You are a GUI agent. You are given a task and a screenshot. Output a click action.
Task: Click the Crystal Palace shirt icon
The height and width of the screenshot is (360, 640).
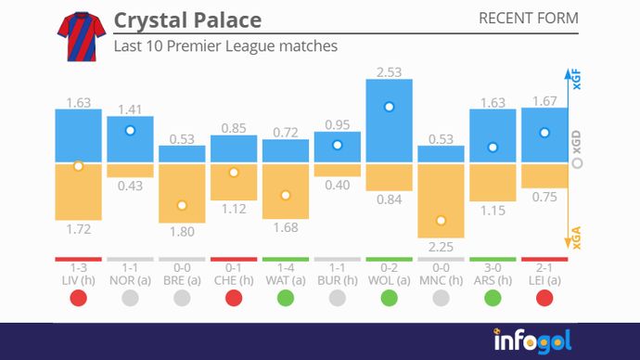[x=79, y=36]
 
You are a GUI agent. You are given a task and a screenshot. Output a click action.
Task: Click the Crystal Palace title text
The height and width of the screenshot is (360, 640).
[x=186, y=20]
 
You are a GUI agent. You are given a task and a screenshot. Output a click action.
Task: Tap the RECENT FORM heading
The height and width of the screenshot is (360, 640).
[x=528, y=19]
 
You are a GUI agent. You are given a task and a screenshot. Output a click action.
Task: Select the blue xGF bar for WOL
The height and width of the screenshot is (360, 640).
[x=389, y=121]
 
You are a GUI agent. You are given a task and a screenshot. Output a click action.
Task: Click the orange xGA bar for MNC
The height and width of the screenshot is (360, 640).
[x=441, y=200]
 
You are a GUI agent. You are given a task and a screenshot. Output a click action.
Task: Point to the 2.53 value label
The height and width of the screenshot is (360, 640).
[x=389, y=71]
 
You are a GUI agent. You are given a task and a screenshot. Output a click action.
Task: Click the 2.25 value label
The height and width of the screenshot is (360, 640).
[x=441, y=247]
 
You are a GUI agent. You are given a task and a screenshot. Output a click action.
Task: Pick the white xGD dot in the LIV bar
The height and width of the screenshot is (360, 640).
[x=78, y=166]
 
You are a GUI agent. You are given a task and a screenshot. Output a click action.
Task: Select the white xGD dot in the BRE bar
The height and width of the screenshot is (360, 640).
[x=182, y=205]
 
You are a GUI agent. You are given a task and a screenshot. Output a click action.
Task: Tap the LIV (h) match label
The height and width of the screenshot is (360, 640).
[x=78, y=279]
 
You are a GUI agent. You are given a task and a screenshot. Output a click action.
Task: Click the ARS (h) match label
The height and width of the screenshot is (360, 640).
[x=493, y=279]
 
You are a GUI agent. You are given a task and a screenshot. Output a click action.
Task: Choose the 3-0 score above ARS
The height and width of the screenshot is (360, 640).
[x=493, y=268]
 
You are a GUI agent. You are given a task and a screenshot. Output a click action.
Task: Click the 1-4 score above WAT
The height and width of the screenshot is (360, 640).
[x=286, y=268]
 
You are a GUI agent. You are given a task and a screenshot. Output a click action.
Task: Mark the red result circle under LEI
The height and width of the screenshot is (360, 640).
[x=544, y=299]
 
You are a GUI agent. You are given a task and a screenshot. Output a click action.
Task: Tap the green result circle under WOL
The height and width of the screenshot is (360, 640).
[x=389, y=299]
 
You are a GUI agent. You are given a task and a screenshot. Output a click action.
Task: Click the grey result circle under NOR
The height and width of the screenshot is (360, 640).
[x=130, y=299]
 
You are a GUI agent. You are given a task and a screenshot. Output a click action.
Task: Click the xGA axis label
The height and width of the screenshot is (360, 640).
[x=577, y=241]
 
